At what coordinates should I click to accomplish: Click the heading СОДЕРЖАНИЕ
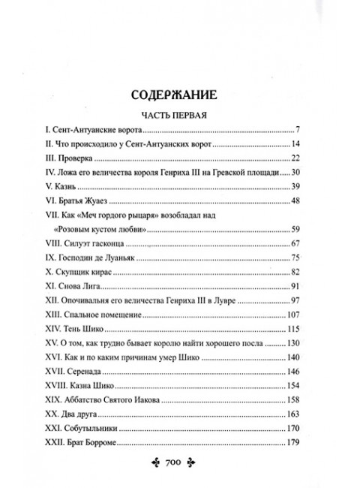click(179, 95)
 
